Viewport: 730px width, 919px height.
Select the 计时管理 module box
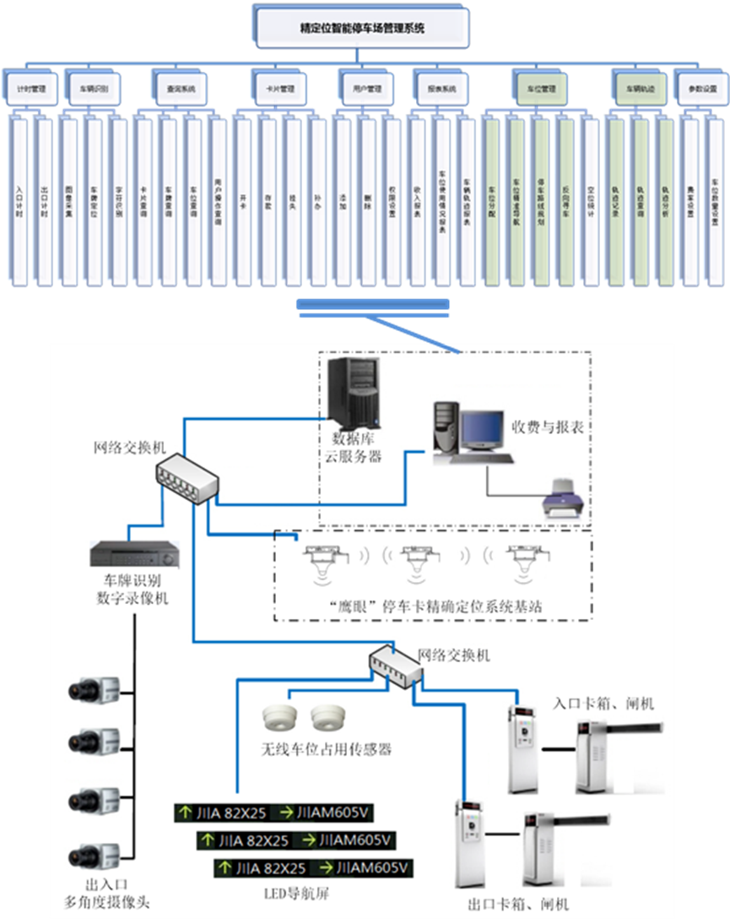coord(30,88)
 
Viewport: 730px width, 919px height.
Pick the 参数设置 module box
coord(702,88)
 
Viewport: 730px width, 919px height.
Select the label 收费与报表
coord(547,427)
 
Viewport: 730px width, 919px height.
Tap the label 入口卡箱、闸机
coord(603,703)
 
